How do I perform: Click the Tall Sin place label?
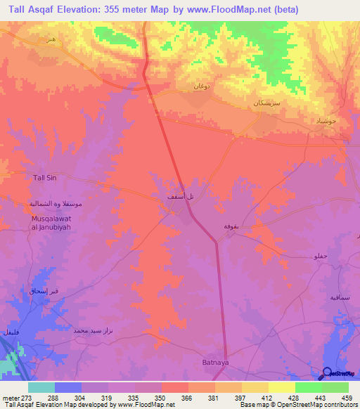(x=45, y=178)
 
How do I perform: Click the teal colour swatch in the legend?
(x=41, y=387)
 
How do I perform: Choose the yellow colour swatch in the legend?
(x=282, y=387)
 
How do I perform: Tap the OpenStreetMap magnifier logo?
(x=326, y=373)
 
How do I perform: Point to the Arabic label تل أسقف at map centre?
(x=175, y=197)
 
